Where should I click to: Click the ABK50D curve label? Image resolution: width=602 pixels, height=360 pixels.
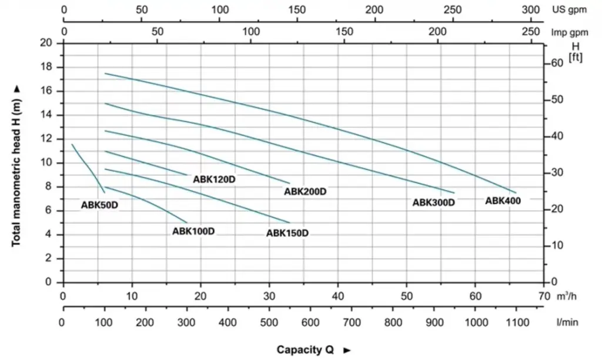(x=99, y=205)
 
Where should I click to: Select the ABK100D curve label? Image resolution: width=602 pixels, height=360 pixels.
(x=193, y=231)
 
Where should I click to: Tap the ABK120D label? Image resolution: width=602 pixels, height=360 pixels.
(x=214, y=179)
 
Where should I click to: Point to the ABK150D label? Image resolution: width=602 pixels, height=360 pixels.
(x=287, y=233)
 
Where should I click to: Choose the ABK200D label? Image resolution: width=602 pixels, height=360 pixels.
(x=305, y=191)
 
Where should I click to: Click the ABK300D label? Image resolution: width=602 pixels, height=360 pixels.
(x=434, y=202)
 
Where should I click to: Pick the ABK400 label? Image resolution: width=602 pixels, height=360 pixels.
(x=503, y=201)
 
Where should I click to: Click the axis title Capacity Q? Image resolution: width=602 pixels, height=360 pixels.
(x=306, y=350)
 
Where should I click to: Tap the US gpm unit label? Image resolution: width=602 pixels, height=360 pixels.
(x=570, y=10)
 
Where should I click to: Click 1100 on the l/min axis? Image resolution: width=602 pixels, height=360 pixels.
(x=517, y=322)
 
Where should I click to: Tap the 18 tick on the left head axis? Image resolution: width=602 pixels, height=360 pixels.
(x=46, y=67)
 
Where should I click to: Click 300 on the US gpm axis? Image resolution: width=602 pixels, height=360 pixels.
(x=530, y=10)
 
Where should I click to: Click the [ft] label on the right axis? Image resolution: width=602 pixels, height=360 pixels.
(x=576, y=56)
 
